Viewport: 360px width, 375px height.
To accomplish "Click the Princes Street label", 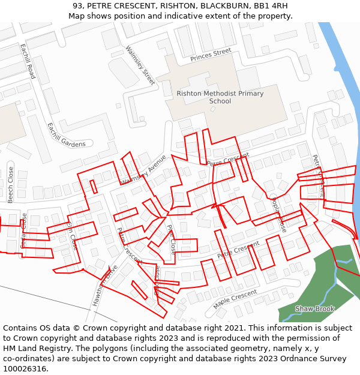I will tap(211, 55).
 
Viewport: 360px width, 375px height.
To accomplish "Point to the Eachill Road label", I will tap(28, 61).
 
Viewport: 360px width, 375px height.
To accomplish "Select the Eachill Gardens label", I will tap(66, 136).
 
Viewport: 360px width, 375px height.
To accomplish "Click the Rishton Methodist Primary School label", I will tap(220, 97).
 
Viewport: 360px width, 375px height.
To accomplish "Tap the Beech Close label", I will tap(10, 184).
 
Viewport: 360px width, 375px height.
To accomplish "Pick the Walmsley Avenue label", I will tap(143, 170).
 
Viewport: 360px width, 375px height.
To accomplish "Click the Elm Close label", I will tap(72, 235).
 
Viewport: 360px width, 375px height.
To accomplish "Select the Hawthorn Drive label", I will tap(106, 286).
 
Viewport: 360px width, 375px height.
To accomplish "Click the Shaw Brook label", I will tap(314, 309).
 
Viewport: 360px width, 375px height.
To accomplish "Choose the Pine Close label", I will tap(172, 239).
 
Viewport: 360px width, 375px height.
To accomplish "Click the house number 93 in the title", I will tap(77, 6).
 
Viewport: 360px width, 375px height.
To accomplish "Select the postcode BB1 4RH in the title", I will tap(271, 6).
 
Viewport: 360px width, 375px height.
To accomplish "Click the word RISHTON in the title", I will tap(178, 6).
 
